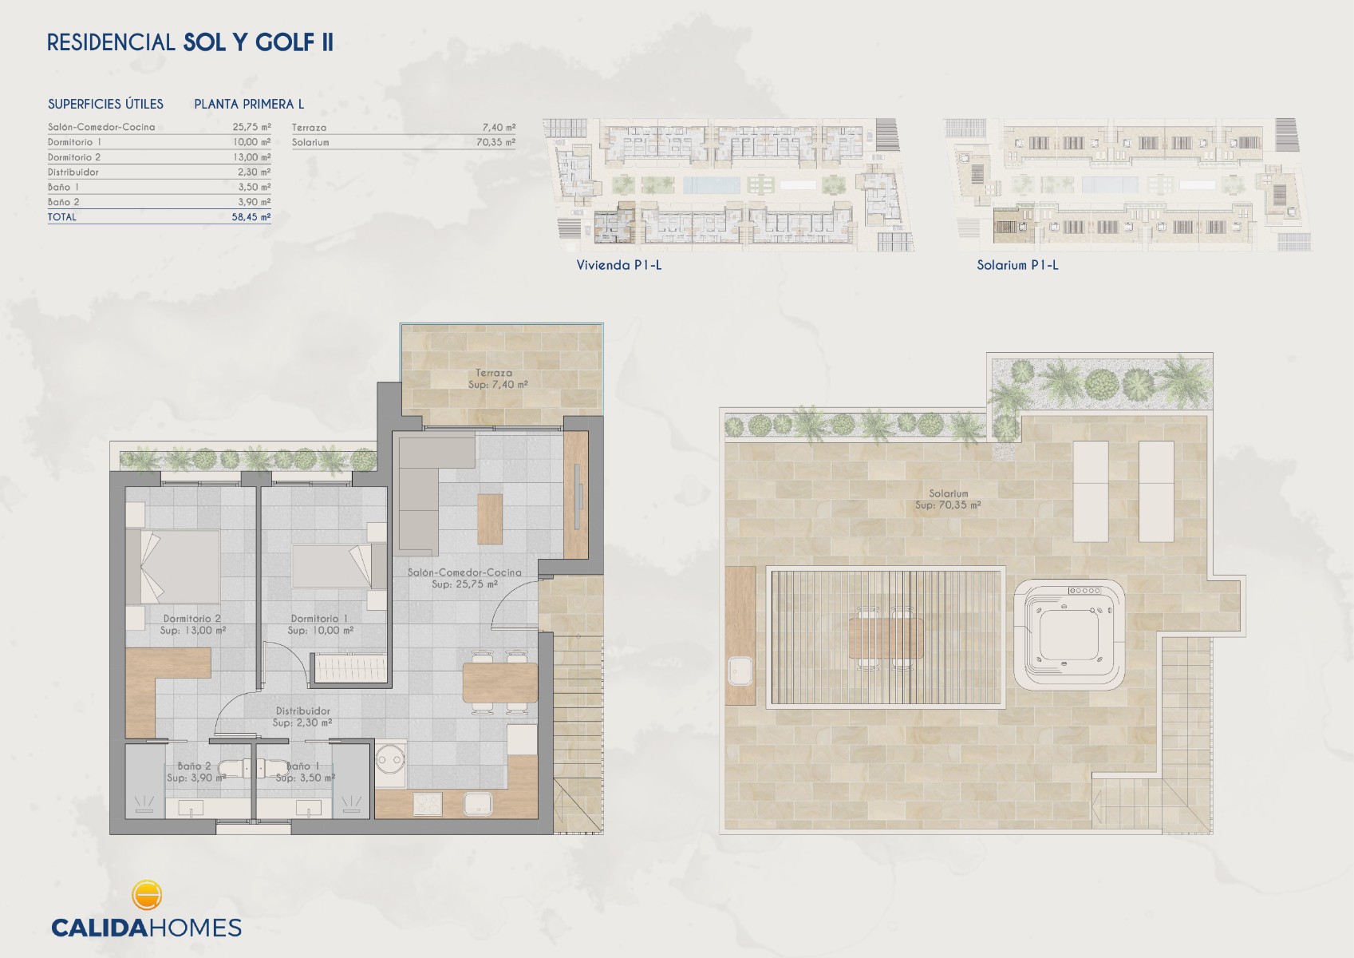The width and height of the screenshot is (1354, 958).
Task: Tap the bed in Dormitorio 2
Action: click(173, 566)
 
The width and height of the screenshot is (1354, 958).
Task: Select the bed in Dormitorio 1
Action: click(338, 565)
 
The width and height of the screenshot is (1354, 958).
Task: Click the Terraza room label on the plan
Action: click(494, 373)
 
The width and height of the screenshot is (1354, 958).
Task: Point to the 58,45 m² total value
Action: click(251, 216)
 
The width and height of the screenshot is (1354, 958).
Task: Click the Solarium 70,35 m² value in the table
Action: click(495, 142)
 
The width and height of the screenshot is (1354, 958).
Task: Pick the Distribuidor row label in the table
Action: click(73, 172)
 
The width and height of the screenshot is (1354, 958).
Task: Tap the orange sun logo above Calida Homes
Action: click(146, 895)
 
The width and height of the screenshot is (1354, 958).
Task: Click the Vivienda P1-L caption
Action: click(619, 265)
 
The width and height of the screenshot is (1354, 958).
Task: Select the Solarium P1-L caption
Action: click(1017, 265)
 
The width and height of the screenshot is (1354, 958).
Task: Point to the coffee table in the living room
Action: click(490, 519)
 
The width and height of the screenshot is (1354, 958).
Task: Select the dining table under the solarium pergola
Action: click(886, 638)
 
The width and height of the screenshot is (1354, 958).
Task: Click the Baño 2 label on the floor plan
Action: click(194, 766)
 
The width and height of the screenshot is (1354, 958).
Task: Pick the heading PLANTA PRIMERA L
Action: click(249, 104)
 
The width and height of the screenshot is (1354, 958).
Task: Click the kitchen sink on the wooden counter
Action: click(477, 803)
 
